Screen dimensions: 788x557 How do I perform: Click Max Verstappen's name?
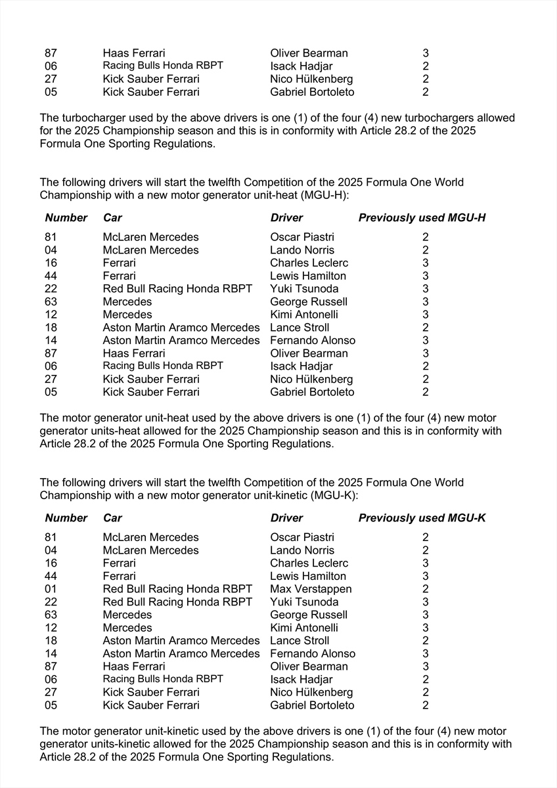311,589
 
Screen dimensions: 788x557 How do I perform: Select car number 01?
51,589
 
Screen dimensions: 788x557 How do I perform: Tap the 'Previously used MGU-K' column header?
422,517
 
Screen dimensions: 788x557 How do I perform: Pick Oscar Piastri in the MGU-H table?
302,237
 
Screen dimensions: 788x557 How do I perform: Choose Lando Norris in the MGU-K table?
302,550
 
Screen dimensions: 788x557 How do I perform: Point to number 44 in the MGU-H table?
51,276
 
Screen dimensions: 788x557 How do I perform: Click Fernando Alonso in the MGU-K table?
313,653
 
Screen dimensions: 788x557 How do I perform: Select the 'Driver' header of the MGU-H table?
286,217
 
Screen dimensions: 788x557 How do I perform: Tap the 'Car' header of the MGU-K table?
112,517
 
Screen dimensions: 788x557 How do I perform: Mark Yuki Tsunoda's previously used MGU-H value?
426,289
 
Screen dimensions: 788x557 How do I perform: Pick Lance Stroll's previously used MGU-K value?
426,641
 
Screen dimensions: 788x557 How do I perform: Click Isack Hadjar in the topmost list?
301,66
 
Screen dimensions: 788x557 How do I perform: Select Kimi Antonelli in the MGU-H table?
303,315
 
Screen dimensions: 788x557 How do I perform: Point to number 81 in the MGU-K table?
51,537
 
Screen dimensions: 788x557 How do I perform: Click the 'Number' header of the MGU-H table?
66,217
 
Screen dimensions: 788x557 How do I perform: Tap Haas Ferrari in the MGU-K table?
134,667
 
